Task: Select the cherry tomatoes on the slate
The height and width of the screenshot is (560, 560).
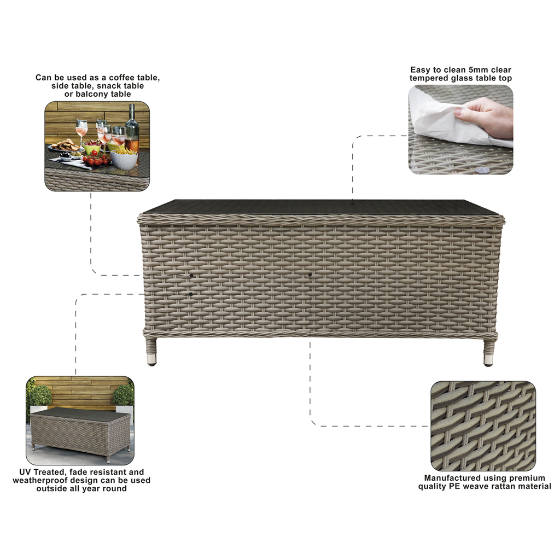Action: tap(96, 160)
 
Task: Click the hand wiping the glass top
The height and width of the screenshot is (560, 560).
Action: tap(487, 116)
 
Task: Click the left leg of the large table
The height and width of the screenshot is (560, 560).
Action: tap(151, 352)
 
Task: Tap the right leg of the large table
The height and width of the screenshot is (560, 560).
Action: tap(489, 353)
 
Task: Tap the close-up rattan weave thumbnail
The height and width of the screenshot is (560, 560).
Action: tap(483, 426)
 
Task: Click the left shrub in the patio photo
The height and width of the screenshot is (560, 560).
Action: tap(40, 395)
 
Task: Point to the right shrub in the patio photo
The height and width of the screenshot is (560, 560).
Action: tap(124, 395)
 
